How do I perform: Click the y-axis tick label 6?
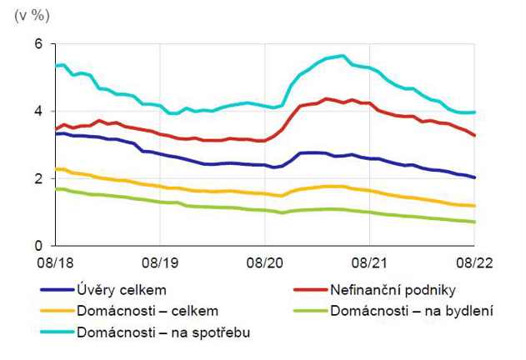[37, 43]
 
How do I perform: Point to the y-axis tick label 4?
[37, 111]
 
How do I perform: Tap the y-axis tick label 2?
[37, 178]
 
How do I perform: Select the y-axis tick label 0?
[37, 246]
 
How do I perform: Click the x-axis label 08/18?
[55, 262]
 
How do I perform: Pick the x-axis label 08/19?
[160, 262]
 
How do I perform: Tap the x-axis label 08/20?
[265, 262]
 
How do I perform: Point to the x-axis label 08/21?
[370, 262]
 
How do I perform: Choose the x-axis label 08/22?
[475, 262]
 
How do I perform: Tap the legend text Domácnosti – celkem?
[147, 312]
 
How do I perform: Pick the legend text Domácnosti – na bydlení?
[411, 312]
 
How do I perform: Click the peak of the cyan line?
[342, 56]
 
